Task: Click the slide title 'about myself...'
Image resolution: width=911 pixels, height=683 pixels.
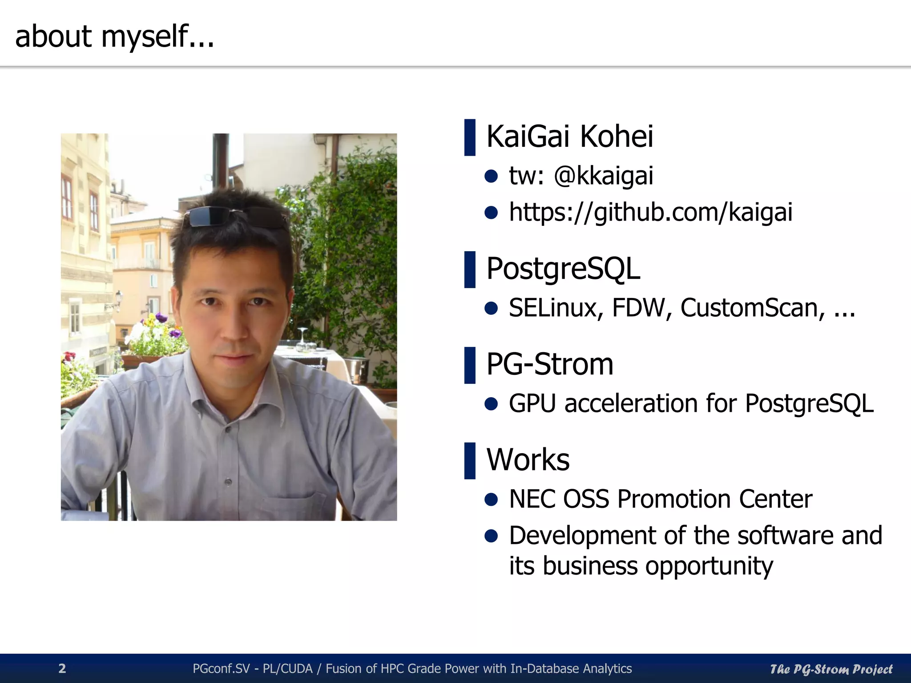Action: pyautogui.click(x=114, y=36)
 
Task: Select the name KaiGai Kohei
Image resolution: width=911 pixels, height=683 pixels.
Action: pyautogui.click(x=570, y=137)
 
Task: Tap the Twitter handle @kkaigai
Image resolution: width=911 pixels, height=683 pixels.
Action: pyautogui.click(x=603, y=176)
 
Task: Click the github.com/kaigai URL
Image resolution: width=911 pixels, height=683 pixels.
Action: pyautogui.click(x=650, y=212)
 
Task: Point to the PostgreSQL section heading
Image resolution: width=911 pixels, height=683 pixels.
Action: pyautogui.click(x=563, y=269)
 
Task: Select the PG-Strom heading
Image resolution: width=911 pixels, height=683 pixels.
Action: pyautogui.click(x=550, y=365)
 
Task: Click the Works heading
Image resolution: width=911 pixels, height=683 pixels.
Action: pyautogui.click(x=528, y=460)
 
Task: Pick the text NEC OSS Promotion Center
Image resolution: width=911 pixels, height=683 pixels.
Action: pyautogui.click(x=661, y=499)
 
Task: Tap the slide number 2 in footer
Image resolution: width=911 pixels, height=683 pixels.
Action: pyautogui.click(x=62, y=668)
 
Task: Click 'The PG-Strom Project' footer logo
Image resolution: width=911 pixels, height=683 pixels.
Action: pyautogui.click(x=831, y=669)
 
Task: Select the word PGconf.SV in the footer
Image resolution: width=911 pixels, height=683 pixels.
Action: pyautogui.click(x=221, y=669)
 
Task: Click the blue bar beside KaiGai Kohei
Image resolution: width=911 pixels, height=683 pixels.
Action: pyautogui.click(x=470, y=137)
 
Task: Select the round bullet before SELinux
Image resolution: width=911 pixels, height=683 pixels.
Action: pyautogui.click(x=491, y=308)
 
